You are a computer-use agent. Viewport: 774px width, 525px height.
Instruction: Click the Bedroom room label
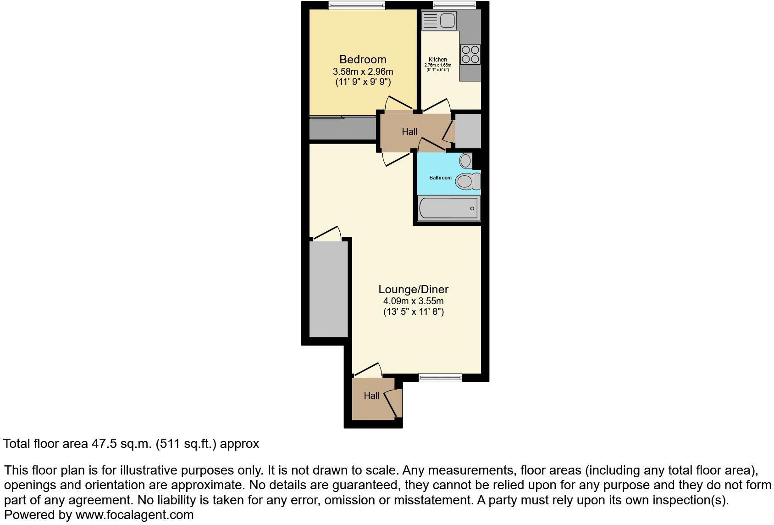coord(363,59)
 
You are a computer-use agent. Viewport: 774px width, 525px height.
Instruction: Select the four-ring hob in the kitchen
coord(470,54)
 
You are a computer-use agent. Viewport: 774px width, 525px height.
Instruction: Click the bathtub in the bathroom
coord(448,208)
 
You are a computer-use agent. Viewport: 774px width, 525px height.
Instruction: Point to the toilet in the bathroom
coord(467,181)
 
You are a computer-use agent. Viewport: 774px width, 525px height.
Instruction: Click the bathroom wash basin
coord(465,160)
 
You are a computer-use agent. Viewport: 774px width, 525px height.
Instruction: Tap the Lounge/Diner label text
coord(413,289)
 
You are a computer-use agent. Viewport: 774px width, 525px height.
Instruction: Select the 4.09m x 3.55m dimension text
coord(413,302)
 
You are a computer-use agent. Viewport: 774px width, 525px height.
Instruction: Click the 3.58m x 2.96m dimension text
coord(363,72)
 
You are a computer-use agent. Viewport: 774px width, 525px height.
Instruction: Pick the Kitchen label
coord(437,60)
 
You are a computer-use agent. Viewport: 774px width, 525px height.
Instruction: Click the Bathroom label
coord(440,178)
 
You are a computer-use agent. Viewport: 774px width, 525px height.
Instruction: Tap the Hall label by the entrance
coord(371,396)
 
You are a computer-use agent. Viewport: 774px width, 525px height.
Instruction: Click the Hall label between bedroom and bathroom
coord(409,132)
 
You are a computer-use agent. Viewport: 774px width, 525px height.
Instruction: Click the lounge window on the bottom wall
coord(440,378)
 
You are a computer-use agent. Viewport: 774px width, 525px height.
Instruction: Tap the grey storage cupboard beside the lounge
coord(328,289)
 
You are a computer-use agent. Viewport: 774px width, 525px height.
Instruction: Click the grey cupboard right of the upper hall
coord(468,131)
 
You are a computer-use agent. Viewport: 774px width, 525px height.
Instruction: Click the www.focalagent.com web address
coord(134,515)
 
